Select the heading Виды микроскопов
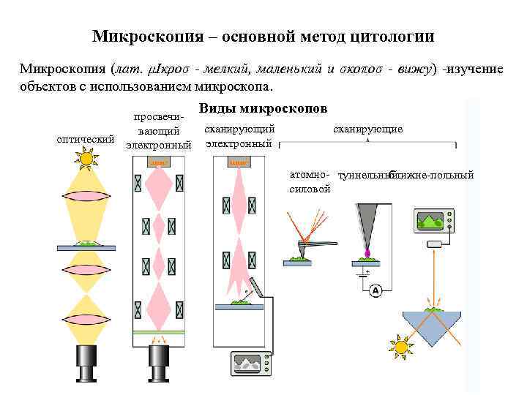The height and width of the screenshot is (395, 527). tap(263, 108)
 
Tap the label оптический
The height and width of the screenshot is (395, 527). tap(86, 139)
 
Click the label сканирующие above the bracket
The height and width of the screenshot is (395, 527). tap(367, 129)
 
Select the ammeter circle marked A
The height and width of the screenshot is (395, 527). tap(375, 290)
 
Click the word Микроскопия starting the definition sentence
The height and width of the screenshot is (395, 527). tap(61, 70)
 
